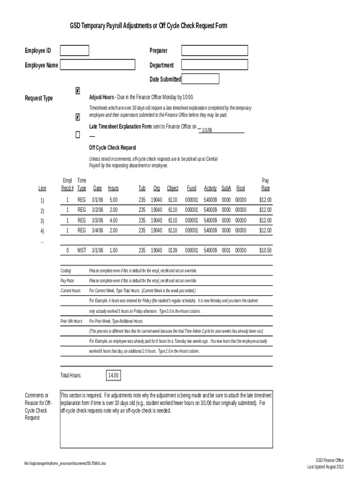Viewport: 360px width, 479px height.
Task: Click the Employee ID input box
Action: (x=74, y=51)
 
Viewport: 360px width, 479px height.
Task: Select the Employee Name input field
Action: (x=97, y=65)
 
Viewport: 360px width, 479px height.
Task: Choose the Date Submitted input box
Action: (x=200, y=79)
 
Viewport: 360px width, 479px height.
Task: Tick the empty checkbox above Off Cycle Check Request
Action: (x=78, y=135)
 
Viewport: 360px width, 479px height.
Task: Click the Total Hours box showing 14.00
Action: (x=114, y=376)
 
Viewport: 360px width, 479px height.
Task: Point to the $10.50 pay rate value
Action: (x=265, y=250)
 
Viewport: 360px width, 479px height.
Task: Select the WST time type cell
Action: (x=82, y=250)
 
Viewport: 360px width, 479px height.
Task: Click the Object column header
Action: (x=173, y=189)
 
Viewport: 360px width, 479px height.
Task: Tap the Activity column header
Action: (x=210, y=189)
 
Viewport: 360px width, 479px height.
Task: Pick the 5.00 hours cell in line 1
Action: (x=113, y=200)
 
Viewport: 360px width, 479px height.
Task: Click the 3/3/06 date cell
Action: (x=97, y=220)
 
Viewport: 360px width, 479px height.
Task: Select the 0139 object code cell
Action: (x=173, y=250)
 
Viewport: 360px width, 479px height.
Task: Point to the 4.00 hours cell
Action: (x=113, y=220)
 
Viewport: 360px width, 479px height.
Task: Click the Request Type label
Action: (x=39, y=98)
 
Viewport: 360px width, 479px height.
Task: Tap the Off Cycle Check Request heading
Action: (x=113, y=148)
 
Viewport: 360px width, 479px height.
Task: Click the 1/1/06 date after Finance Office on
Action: (x=207, y=131)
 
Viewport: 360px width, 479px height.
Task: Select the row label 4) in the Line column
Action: (x=43, y=231)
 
